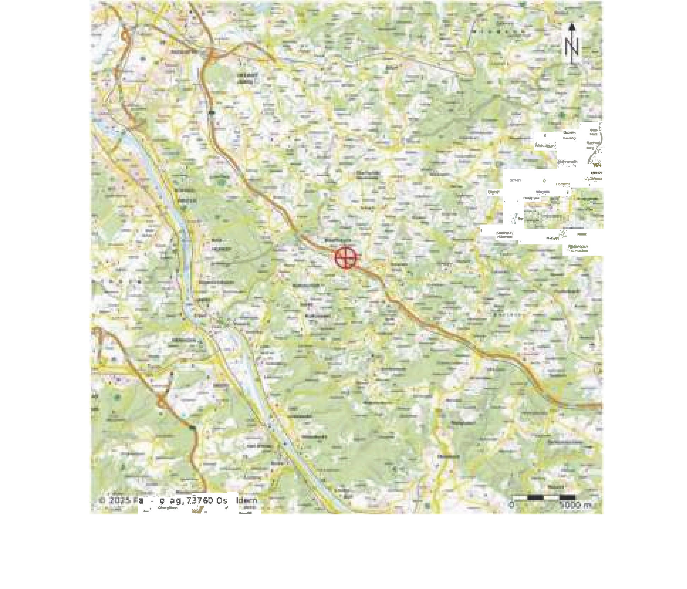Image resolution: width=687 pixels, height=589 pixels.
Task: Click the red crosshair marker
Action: pos(345,258)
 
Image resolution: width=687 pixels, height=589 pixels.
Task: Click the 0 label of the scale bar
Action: pos(512,505)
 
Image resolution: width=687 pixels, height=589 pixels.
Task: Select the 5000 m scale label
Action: pos(576,505)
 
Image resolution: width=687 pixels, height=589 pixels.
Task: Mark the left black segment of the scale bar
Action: pos(535,497)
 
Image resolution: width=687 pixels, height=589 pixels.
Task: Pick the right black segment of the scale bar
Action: pos(567,497)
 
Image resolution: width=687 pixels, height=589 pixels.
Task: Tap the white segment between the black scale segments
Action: pos(551,497)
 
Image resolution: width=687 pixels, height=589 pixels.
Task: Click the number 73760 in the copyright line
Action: pos(200,501)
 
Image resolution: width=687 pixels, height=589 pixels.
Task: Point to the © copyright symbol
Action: pos(103,501)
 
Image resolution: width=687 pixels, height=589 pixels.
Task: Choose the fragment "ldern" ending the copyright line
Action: pos(247,501)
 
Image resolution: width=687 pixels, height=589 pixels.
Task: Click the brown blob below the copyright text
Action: pos(198,511)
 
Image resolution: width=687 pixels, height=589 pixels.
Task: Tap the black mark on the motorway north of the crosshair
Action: pos(212,113)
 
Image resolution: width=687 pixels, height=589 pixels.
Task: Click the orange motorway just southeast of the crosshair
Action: pos(369,274)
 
